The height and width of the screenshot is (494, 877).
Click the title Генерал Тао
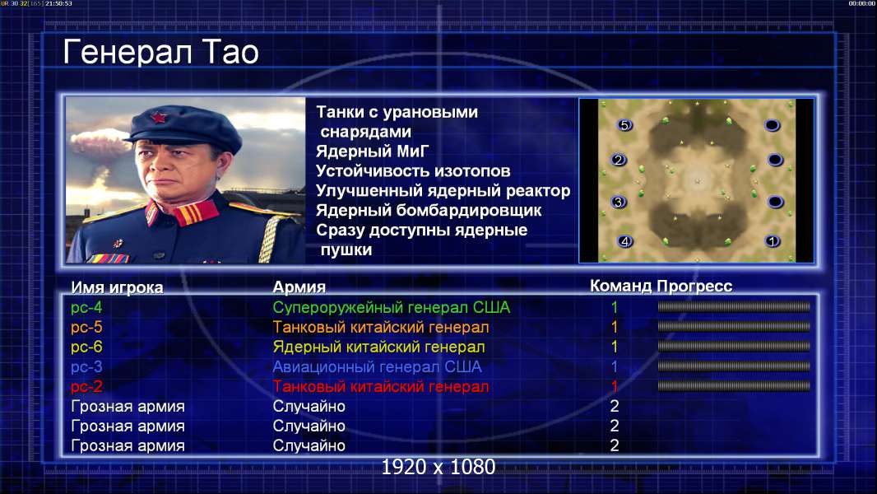(160, 52)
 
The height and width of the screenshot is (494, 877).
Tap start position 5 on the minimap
(624, 125)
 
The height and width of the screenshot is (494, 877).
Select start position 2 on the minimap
(618, 160)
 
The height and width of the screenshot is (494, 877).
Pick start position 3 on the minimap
(618, 202)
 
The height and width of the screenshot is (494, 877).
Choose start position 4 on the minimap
(624, 241)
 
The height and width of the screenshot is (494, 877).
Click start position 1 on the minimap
(773, 241)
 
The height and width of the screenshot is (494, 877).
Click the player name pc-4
(86, 308)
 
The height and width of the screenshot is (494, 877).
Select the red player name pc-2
(86, 387)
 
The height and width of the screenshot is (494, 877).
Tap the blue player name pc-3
(86, 367)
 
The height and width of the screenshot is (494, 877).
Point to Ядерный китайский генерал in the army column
(378, 347)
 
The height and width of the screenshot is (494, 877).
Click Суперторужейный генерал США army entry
(392, 308)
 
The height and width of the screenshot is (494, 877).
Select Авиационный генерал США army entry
(377, 367)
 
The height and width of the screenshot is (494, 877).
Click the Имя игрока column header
(117, 287)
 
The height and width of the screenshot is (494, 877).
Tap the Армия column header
(299, 287)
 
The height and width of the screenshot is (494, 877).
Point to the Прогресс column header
(694, 287)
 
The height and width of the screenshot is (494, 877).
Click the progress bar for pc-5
(734, 327)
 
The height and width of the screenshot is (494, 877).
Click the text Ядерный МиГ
(373, 151)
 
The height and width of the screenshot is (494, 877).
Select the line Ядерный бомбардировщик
(429, 210)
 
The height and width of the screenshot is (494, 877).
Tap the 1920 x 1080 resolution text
(438, 467)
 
